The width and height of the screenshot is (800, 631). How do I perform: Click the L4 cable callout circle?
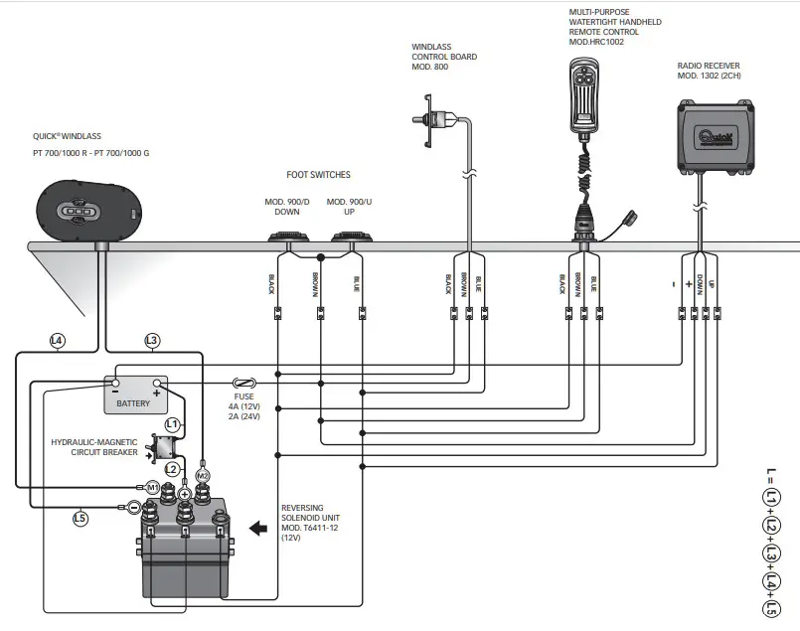click(x=58, y=341)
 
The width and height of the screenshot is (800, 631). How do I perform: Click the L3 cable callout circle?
click(x=151, y=341)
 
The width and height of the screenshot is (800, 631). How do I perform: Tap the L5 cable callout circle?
click(x=80, y=519)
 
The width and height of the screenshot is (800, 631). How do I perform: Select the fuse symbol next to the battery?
click(x=244, y=383)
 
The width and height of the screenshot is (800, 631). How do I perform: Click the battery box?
click(x=136, y=394)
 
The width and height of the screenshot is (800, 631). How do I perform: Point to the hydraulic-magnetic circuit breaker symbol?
click(x=163, y=446)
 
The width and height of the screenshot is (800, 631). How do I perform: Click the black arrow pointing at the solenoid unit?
click(x=258, y=528)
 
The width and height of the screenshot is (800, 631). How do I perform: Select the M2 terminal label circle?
click(x=203, y=476)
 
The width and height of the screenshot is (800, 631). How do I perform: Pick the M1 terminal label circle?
click(x=153, y=488)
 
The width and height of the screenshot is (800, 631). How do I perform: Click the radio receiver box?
click(x=716, y=136)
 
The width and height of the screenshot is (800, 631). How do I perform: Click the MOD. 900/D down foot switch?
click(x=289, y=237)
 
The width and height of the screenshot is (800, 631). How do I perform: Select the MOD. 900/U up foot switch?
click(x=352, y=237)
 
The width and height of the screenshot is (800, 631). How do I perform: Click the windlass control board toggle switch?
click(x=431, y=121)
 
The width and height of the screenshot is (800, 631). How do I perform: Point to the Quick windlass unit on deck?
click(x=88, y=212)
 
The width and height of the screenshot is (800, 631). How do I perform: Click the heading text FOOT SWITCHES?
click(x=318, y=175)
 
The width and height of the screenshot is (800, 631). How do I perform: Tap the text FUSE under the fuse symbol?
click(x=243, y=396)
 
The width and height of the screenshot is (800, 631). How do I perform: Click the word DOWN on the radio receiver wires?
click(x=700, y=285)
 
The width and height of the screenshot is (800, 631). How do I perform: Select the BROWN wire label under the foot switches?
click(x=315, y=284)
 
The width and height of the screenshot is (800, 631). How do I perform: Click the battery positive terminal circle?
click(x=157, y=383)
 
